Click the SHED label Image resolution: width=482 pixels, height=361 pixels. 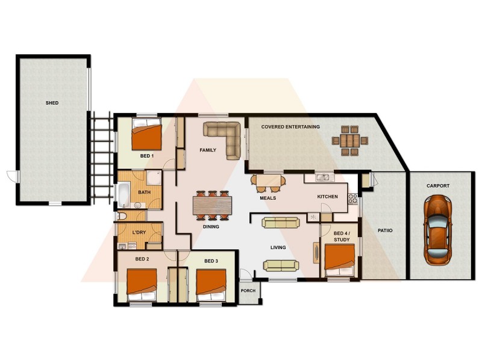[x=52, y=103]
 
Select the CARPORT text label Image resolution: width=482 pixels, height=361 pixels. [x=438, y=186]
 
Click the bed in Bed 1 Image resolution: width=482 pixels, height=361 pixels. [x=148, y=135]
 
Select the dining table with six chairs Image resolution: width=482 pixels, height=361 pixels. [x=212, y=205]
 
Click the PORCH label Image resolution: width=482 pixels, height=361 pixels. [x=248, y=291]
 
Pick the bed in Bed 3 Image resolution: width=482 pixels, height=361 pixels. [x=211, y=284]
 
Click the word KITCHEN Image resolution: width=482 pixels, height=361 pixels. [x=328, y=197]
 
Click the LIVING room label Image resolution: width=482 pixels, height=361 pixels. [x=278, y=247]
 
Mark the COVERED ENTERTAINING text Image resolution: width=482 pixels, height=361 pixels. [x=290, y=127]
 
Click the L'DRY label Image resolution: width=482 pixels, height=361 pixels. [x=139, y=232]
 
